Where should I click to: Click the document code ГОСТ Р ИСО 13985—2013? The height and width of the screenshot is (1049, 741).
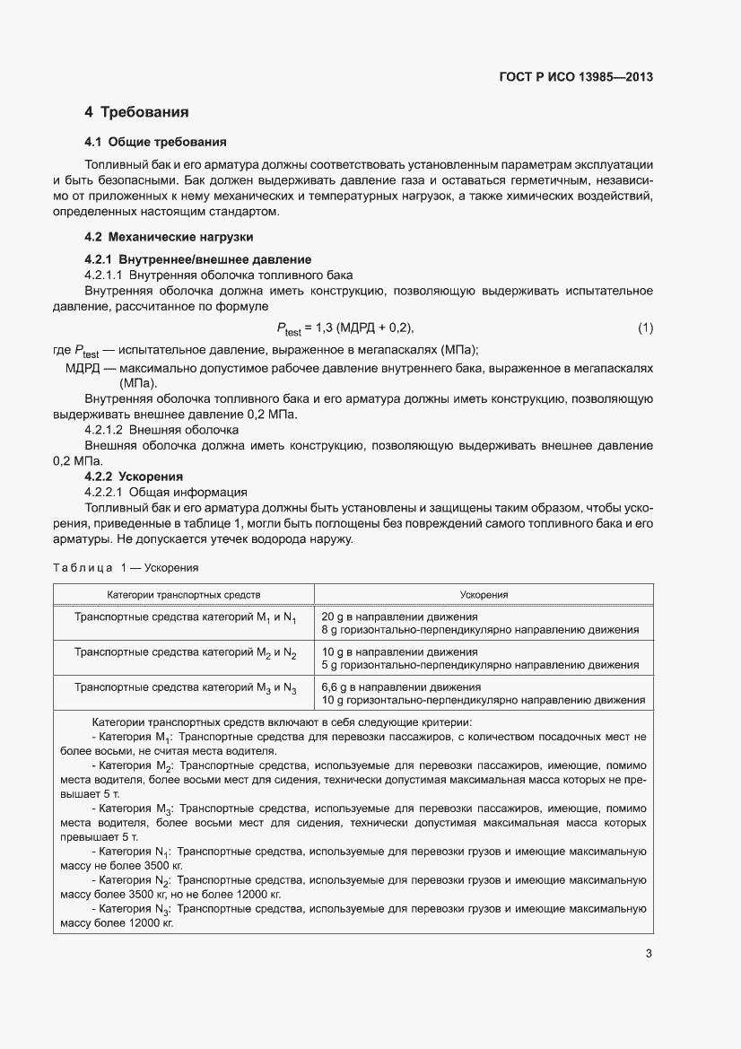point(575,77)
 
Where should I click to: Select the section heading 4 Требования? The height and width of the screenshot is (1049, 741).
point(136,112)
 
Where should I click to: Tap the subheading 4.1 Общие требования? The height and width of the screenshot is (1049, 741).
point(154,142)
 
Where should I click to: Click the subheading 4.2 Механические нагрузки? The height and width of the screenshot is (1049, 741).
point(168,237)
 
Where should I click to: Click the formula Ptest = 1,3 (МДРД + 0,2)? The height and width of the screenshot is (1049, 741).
point(344,328)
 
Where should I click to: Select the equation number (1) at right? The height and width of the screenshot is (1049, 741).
point(645,328)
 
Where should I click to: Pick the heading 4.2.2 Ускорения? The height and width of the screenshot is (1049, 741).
point(135,476)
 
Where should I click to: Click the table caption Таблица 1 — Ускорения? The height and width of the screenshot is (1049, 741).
point(125,568)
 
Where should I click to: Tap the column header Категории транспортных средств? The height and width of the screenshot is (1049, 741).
point(184,595)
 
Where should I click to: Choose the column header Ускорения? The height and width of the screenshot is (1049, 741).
point(484,595)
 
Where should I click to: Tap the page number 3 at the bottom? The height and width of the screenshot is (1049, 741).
point(649,954)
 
